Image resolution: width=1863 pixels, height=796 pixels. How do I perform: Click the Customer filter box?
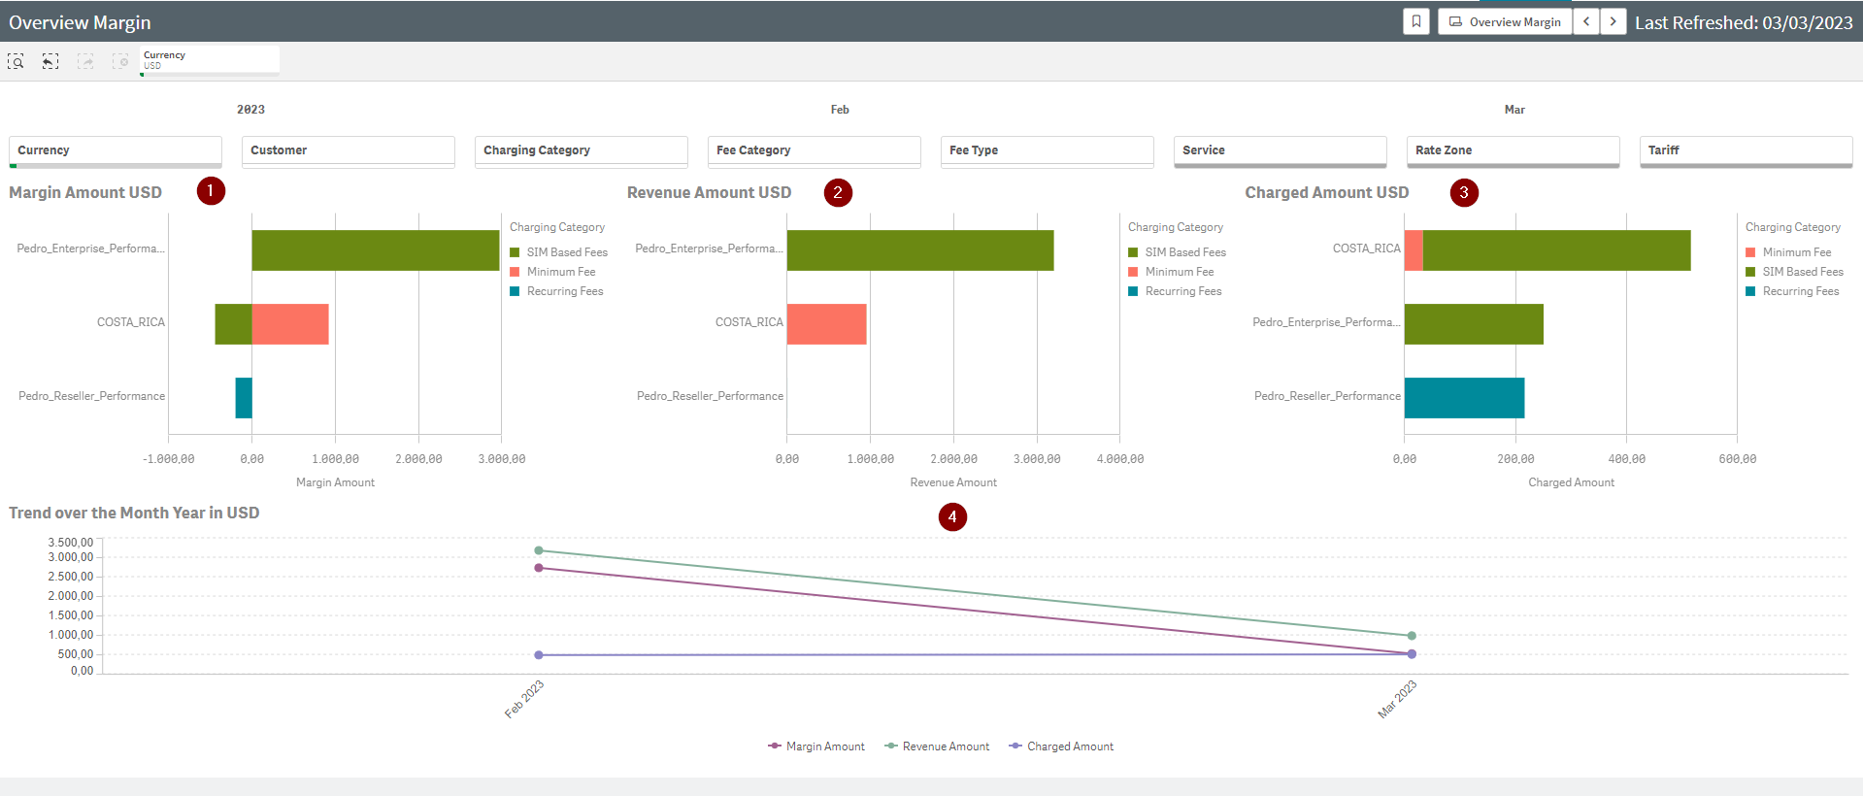(x=348, y=150)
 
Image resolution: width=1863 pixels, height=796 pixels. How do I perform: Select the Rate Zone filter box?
(x=1513, y=150)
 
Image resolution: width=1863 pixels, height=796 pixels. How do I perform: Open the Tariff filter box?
(x=1746, y=150)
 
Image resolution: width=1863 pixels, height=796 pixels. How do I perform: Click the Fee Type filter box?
(x=1047, y=150)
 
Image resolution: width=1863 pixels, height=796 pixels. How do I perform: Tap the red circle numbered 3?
(x=1464, y=192)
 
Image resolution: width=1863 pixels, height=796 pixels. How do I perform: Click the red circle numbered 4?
(x=952, y=516)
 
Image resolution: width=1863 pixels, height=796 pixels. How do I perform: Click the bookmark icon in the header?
(x=1416, y=21)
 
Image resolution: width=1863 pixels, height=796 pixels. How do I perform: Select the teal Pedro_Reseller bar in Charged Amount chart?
(x=1464, y=398)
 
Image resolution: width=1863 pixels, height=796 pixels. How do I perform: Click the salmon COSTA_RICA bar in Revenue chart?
(x=826, y=324)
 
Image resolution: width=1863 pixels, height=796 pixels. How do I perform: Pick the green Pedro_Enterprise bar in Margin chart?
(x=376, y=250)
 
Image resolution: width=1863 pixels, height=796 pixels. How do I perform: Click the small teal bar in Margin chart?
(x=244, y=398)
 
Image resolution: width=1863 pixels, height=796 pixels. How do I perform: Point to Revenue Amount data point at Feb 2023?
(x=539, y=550)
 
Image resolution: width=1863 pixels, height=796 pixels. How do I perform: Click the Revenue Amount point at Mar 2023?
(x=1412, y=636)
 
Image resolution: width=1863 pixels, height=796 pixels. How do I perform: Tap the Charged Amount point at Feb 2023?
(x=539, y=655)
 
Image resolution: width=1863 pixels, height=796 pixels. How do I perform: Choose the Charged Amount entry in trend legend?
(x=1070, y=746)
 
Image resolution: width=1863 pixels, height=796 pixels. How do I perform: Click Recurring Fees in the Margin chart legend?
(x=565, y=291)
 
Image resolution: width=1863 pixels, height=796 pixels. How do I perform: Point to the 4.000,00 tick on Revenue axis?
(x=1119, y=459)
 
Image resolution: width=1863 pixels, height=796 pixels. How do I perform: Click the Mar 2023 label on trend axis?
(x=1398, y=699)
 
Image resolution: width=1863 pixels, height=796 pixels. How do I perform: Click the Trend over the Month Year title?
(x=134, y=513)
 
